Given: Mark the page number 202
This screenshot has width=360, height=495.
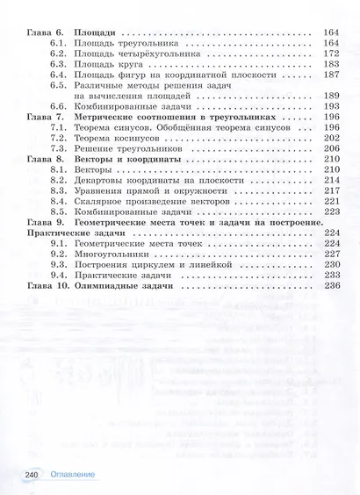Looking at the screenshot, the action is (x=330, y=138).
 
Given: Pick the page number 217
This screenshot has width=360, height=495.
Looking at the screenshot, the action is (x=330, y=190).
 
